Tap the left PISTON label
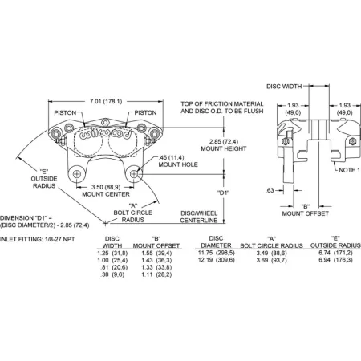coord(65,112)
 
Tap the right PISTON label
coord(145,112)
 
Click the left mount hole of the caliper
coord(77,174)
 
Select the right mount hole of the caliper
coord(134,174)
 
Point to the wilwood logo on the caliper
coord(105,134)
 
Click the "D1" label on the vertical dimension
coord(223,193)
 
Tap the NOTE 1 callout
coord(349,170)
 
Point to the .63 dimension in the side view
coord(270,190)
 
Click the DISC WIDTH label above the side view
coord(284,87)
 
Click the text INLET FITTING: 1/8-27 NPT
coord(38,239)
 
